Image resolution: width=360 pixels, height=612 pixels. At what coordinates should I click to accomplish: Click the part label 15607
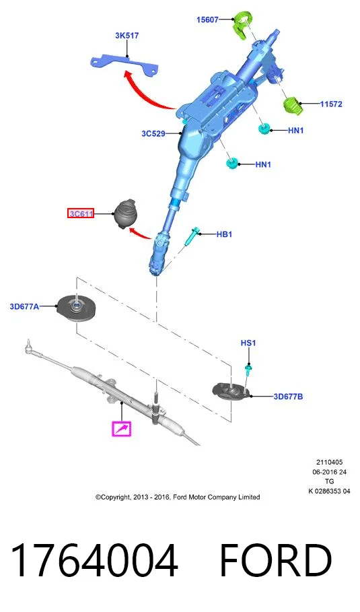coord(207,20)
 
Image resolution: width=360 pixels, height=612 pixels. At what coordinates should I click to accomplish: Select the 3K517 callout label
coord(127,36)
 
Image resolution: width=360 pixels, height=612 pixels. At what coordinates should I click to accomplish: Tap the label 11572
coord(331,104)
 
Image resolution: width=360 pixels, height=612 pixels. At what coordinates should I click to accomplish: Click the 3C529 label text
coord(153,133)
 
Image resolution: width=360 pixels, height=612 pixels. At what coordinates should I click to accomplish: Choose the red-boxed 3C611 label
coord(81,213)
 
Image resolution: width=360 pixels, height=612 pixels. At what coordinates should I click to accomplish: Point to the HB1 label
coord(224,234)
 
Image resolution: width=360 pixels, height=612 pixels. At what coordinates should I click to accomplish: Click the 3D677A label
coord(24,307)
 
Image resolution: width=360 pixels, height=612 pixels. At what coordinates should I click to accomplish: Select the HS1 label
coord(248,343)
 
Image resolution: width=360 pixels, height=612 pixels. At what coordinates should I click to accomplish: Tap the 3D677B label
coord(288,397)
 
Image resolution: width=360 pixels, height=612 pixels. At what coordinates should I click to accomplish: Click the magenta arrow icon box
coord(122,429)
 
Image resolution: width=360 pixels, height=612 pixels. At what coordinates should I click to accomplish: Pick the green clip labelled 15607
coord(243,25)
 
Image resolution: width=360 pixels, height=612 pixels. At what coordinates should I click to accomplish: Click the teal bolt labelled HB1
coord(192,237)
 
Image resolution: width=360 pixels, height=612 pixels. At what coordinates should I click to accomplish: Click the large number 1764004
coord(94,560)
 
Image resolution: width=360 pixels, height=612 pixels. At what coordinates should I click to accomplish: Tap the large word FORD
coord(275,560)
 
